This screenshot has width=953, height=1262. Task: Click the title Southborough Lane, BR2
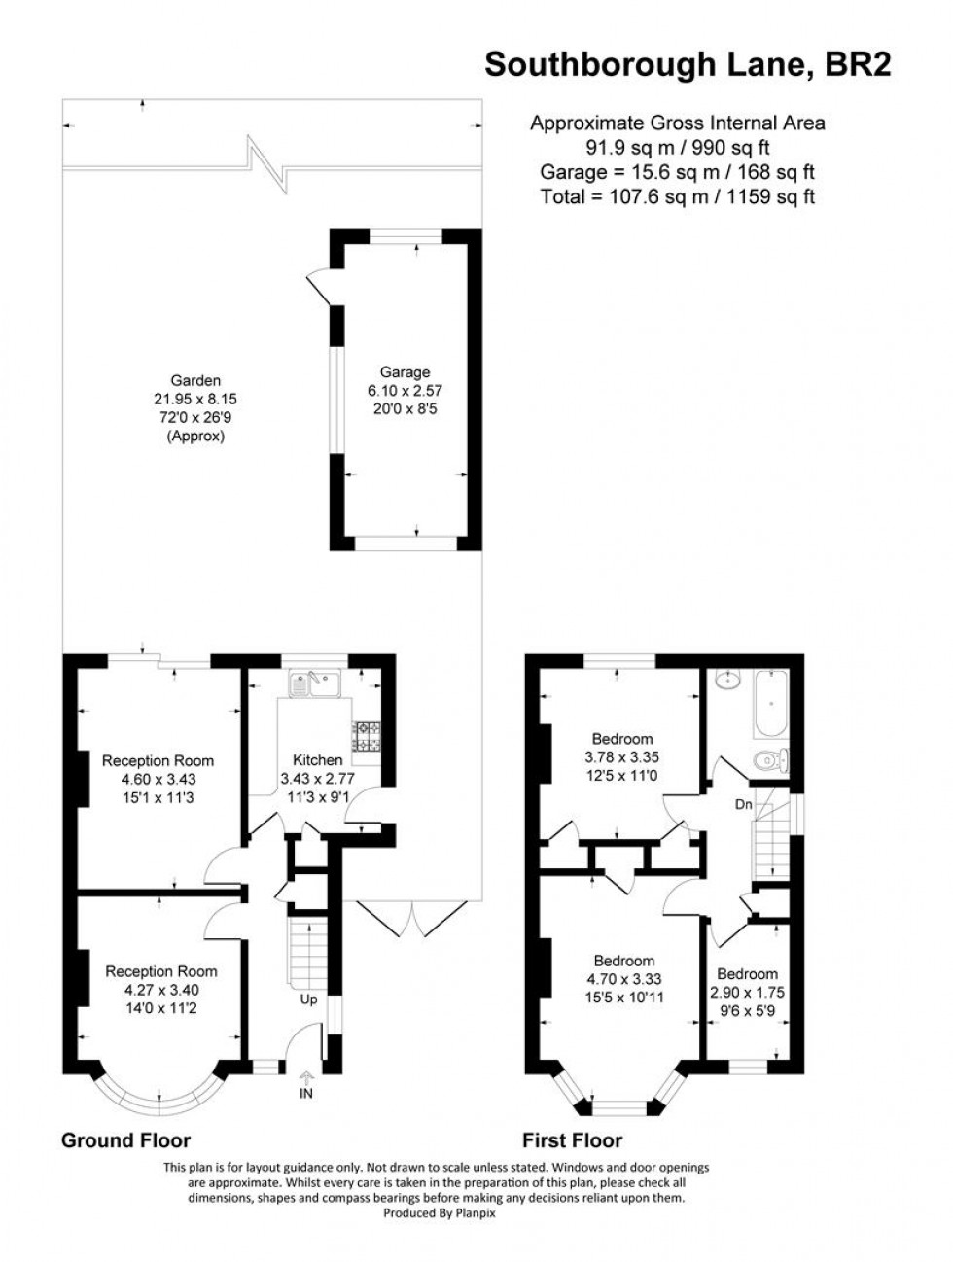[687, 64]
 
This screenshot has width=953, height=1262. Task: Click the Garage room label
[405, 371]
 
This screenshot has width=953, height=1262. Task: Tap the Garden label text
[195, 380]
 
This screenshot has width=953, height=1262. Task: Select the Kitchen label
[317, 760]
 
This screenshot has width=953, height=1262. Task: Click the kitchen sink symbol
[312, 684]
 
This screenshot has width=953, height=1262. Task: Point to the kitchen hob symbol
[368, 736]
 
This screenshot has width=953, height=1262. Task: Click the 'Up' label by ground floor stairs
[307, 999]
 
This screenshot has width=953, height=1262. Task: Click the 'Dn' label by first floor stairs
[742, 805]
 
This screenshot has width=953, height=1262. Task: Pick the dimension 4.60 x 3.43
[158, 779]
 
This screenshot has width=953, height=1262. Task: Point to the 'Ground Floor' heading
[125, 1140]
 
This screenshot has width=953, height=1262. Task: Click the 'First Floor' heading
[572, 1140]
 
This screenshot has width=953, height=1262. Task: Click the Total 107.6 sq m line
[677, 196]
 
